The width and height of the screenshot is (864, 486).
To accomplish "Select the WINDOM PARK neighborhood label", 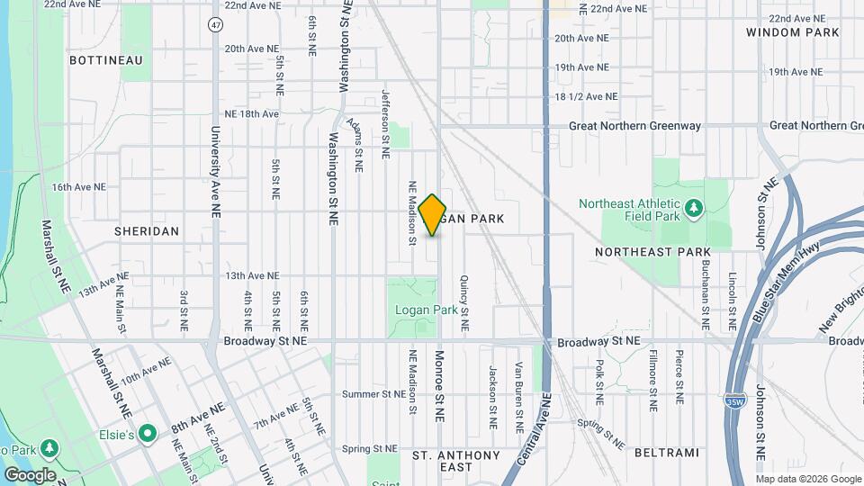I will pyautogui.click(x=792, y=32).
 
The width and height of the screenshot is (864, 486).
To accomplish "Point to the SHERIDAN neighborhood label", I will pyautogui.click(x=147, y=231).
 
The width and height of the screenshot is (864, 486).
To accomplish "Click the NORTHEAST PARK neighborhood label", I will pyautogui.click(x=652, y=252).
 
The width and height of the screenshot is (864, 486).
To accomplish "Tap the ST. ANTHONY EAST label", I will pyautogui.click(x=455, y=462).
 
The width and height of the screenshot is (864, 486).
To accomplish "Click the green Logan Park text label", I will pyautogui.click(x=427, y=310).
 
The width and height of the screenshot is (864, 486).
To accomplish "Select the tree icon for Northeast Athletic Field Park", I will pyautogui.click(x=693, y=210).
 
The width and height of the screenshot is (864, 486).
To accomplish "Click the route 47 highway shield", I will pyautogui.click(x=214, y=24).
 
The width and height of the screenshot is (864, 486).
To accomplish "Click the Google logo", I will pyautogui.click(x=30, y=475).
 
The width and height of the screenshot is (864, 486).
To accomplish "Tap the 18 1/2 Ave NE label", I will pyautogui.click(x=587, y=96).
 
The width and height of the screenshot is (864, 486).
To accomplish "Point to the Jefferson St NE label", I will pyautogui.click(x=385, y=124).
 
